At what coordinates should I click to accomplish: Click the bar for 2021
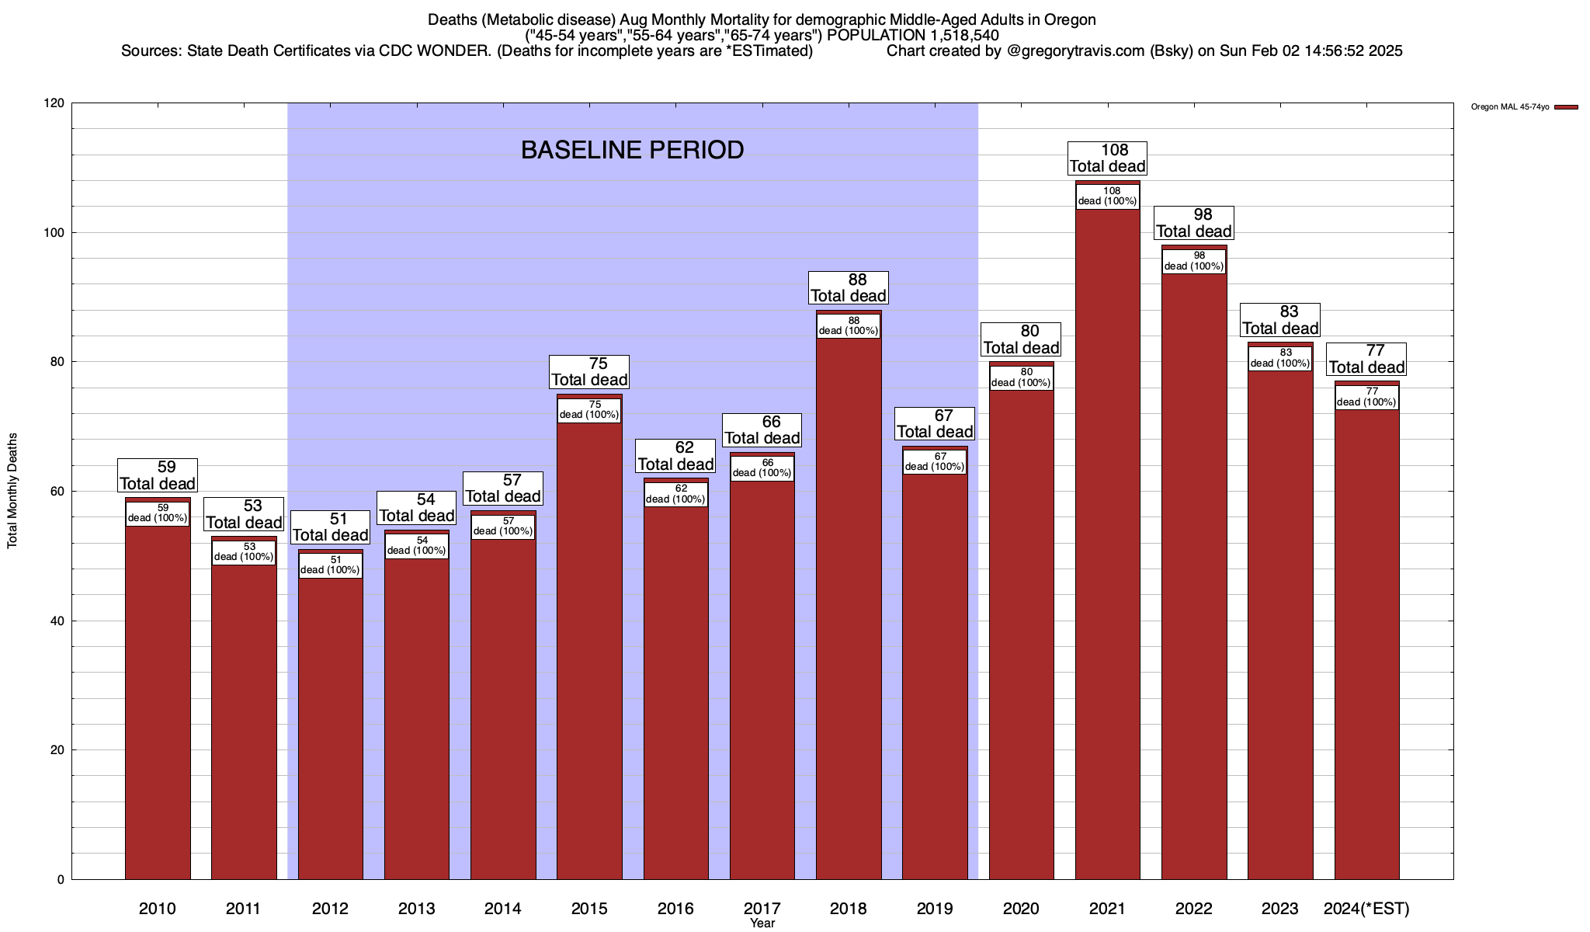1107,544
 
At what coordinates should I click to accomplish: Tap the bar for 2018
849,606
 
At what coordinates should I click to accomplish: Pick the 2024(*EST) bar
1366,645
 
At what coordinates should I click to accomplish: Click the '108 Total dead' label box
1108,158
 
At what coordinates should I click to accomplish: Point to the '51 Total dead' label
330,527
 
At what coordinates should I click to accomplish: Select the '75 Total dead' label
589,372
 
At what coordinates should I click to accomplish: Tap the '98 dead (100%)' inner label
1194,261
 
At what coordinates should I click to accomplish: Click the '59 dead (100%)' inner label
158,513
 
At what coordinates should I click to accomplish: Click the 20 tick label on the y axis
57,750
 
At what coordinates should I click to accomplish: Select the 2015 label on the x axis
589,909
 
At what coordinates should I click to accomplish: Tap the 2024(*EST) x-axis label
1366,909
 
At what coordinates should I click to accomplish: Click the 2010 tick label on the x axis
158,909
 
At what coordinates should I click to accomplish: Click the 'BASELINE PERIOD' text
632,150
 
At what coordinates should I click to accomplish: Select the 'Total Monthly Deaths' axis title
12,491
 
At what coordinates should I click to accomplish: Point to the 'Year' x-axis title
762,923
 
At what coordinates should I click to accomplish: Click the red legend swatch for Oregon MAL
1566,107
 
